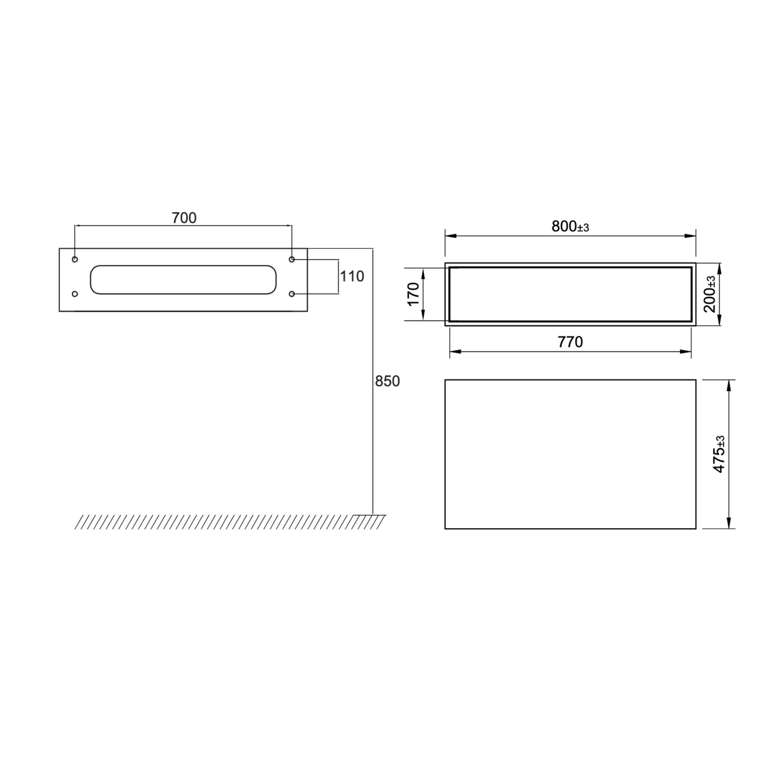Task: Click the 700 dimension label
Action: (184, 218)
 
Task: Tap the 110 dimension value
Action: (352, 276)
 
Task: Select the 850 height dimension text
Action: (387, 381)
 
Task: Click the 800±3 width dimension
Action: (570, 227)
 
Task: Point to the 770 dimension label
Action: (570, 342)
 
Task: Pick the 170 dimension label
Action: (414, 294)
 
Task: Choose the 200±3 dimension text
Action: (710, 294)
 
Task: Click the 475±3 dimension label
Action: (718, 454)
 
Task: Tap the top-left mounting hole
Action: (75, 260)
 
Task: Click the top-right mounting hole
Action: (292, 260)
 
